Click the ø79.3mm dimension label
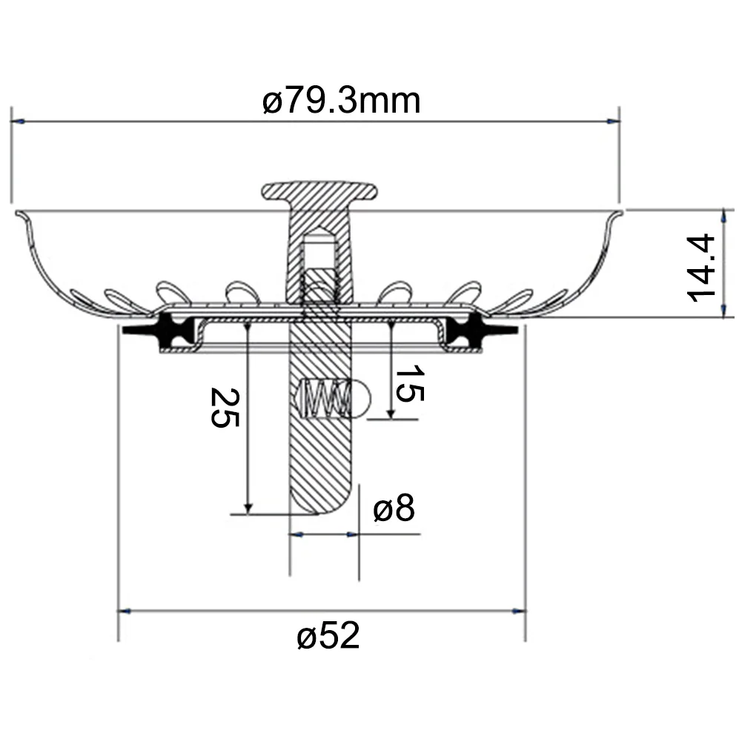click(x=341, y=101)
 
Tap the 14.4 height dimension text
click(x=700, y=268)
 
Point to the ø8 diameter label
click(x=394, y=508)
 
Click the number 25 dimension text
click(x=225, y=408)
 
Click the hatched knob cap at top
click(x=319, y=191)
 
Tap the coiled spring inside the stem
click(x=326, y=399)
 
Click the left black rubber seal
click(x=159, y=330)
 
